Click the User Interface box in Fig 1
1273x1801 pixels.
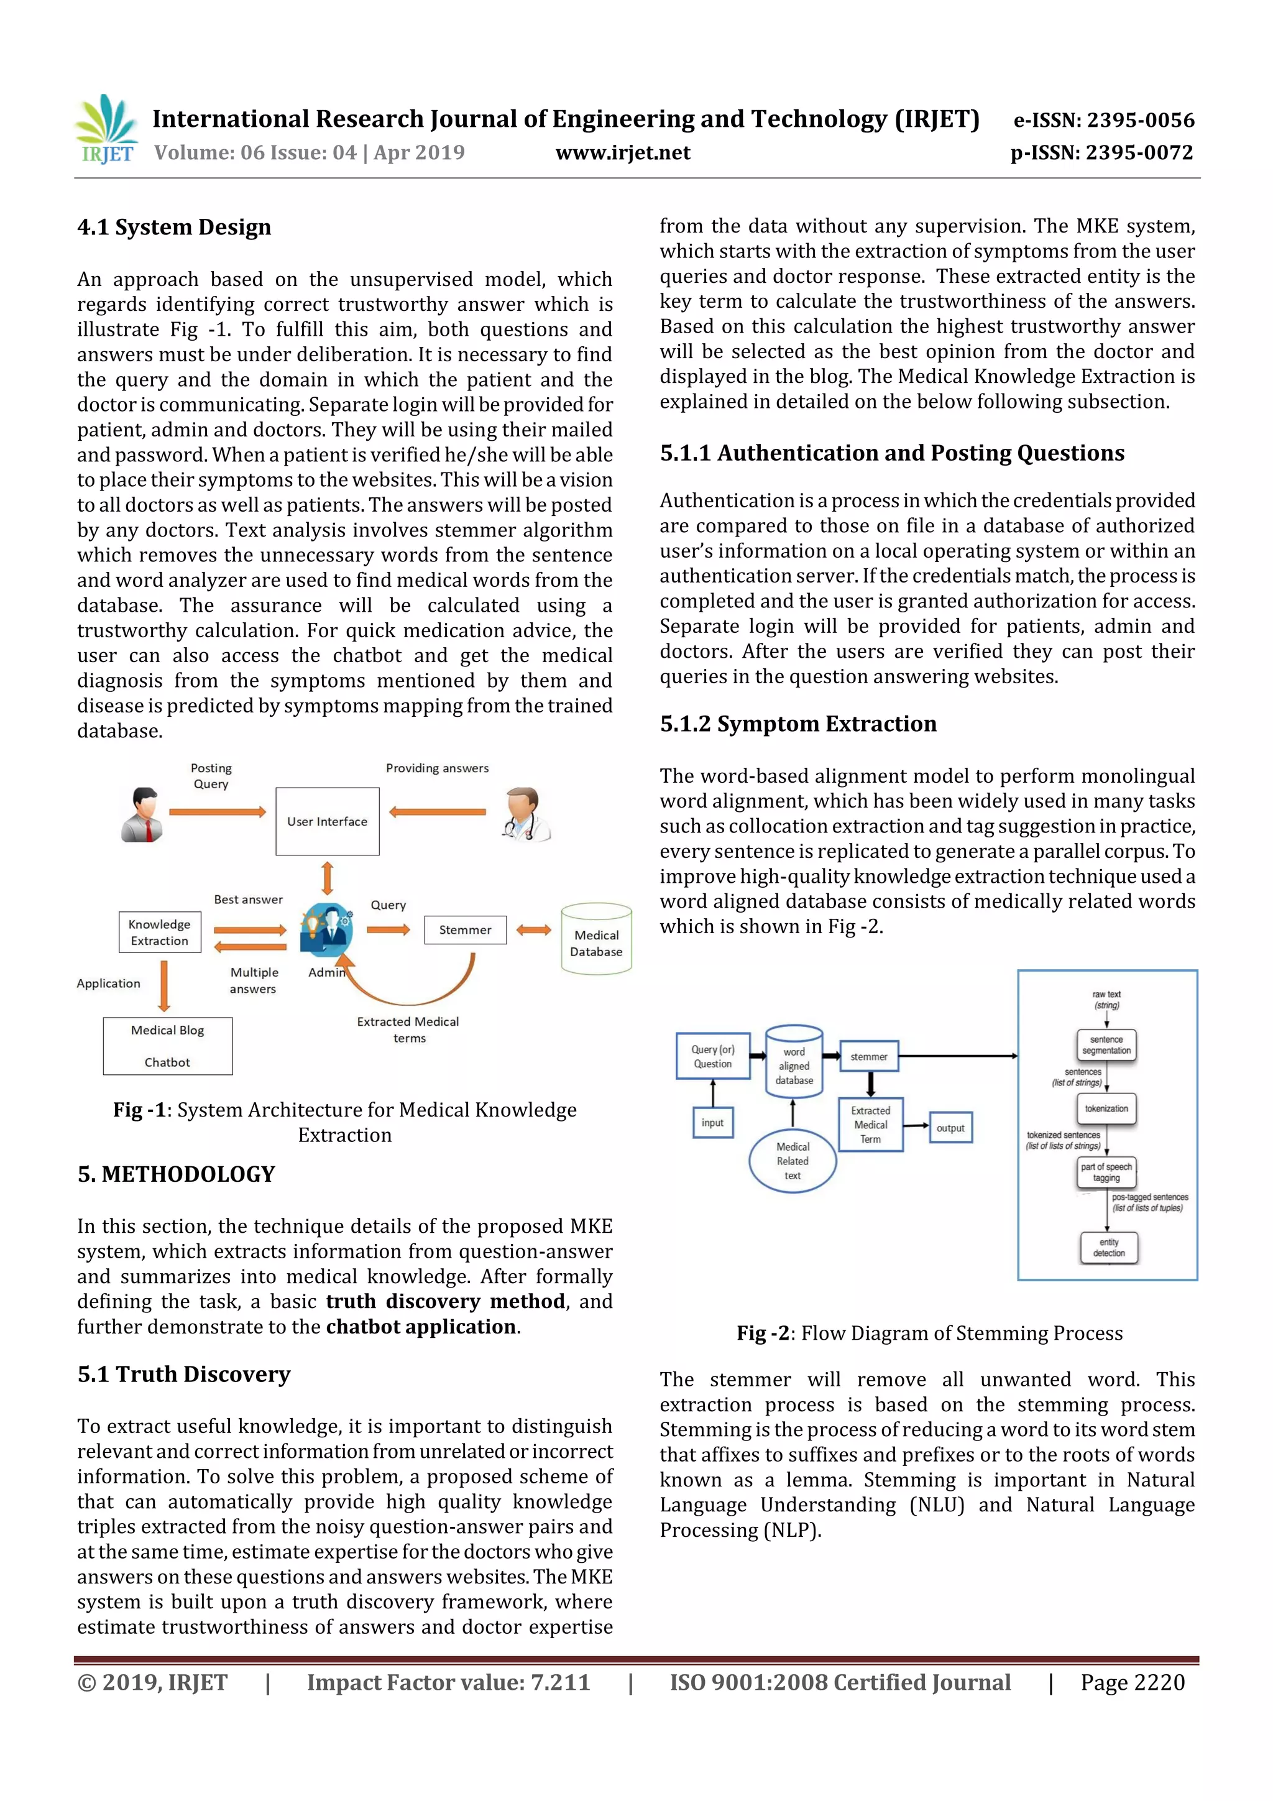pos(327,821)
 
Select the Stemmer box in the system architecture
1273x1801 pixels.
pos(465,929)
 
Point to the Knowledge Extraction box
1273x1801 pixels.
pos(160,932)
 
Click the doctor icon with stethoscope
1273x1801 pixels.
pos(525,815)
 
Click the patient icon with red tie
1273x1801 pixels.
pos(144,815)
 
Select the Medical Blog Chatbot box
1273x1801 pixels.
pos(168,1046)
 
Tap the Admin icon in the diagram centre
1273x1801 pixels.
pos(327,929)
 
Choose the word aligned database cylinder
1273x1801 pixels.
pos(794,1061)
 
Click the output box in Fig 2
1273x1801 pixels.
pos(950,1127)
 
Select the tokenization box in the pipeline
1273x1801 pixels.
pos(1106,1108)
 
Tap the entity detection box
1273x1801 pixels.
pos(1108,1247)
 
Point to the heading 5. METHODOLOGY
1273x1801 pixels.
pos(177,1174)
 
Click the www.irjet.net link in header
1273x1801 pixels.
pos(623,152)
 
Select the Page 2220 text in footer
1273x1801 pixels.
pos(1132,1682)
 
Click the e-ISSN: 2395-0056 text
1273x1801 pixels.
pos(1103,120)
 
